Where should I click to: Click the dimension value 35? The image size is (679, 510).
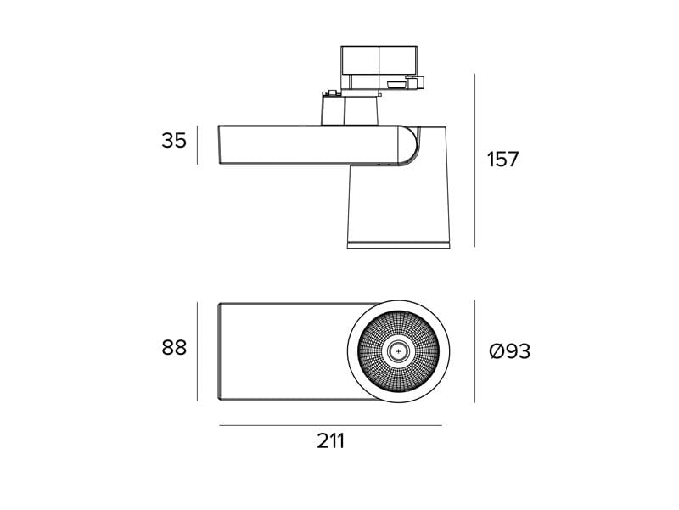click(x=174, y=141)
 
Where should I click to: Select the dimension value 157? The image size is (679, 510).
click(x=502, y=160)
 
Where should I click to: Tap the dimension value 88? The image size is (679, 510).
click(x=174, y=348)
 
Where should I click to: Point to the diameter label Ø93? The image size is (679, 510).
click(x=510, y=351)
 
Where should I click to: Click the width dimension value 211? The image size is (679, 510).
click(x=331, y=441)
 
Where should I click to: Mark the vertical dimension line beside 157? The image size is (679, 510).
click(x=474, y=160)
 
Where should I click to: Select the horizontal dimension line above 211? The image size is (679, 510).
click(x=330, y=426)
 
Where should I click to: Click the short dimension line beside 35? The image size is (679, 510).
click(x=198, y=145)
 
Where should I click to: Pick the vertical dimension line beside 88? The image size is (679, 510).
click(x=198, y=351)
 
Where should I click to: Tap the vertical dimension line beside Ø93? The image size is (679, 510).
click(x=474, y=351)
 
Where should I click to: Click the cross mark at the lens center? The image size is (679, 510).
click(x=398, y=351)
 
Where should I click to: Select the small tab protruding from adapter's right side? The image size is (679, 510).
click(x=415, y=82)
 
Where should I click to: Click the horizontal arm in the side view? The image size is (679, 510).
click(x=308, y=145)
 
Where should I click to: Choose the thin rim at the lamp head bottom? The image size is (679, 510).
click(x=398, y=245)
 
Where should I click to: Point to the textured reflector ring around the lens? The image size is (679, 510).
click(x=398, y=333)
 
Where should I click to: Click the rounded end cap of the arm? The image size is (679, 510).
click(x=409, y=145)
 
